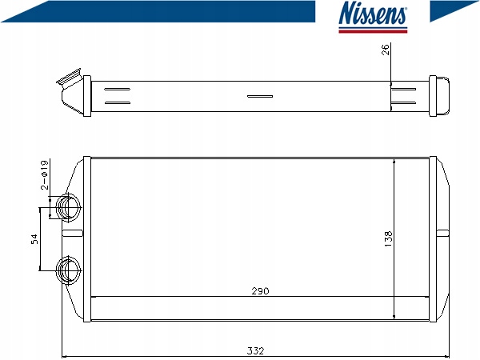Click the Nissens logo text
373,13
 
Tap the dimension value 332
255,350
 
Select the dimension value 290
260,291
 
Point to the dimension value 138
388,239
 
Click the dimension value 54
35,239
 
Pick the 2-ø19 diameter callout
45,174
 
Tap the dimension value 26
386,50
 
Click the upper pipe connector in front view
69,207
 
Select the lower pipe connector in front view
69,270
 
